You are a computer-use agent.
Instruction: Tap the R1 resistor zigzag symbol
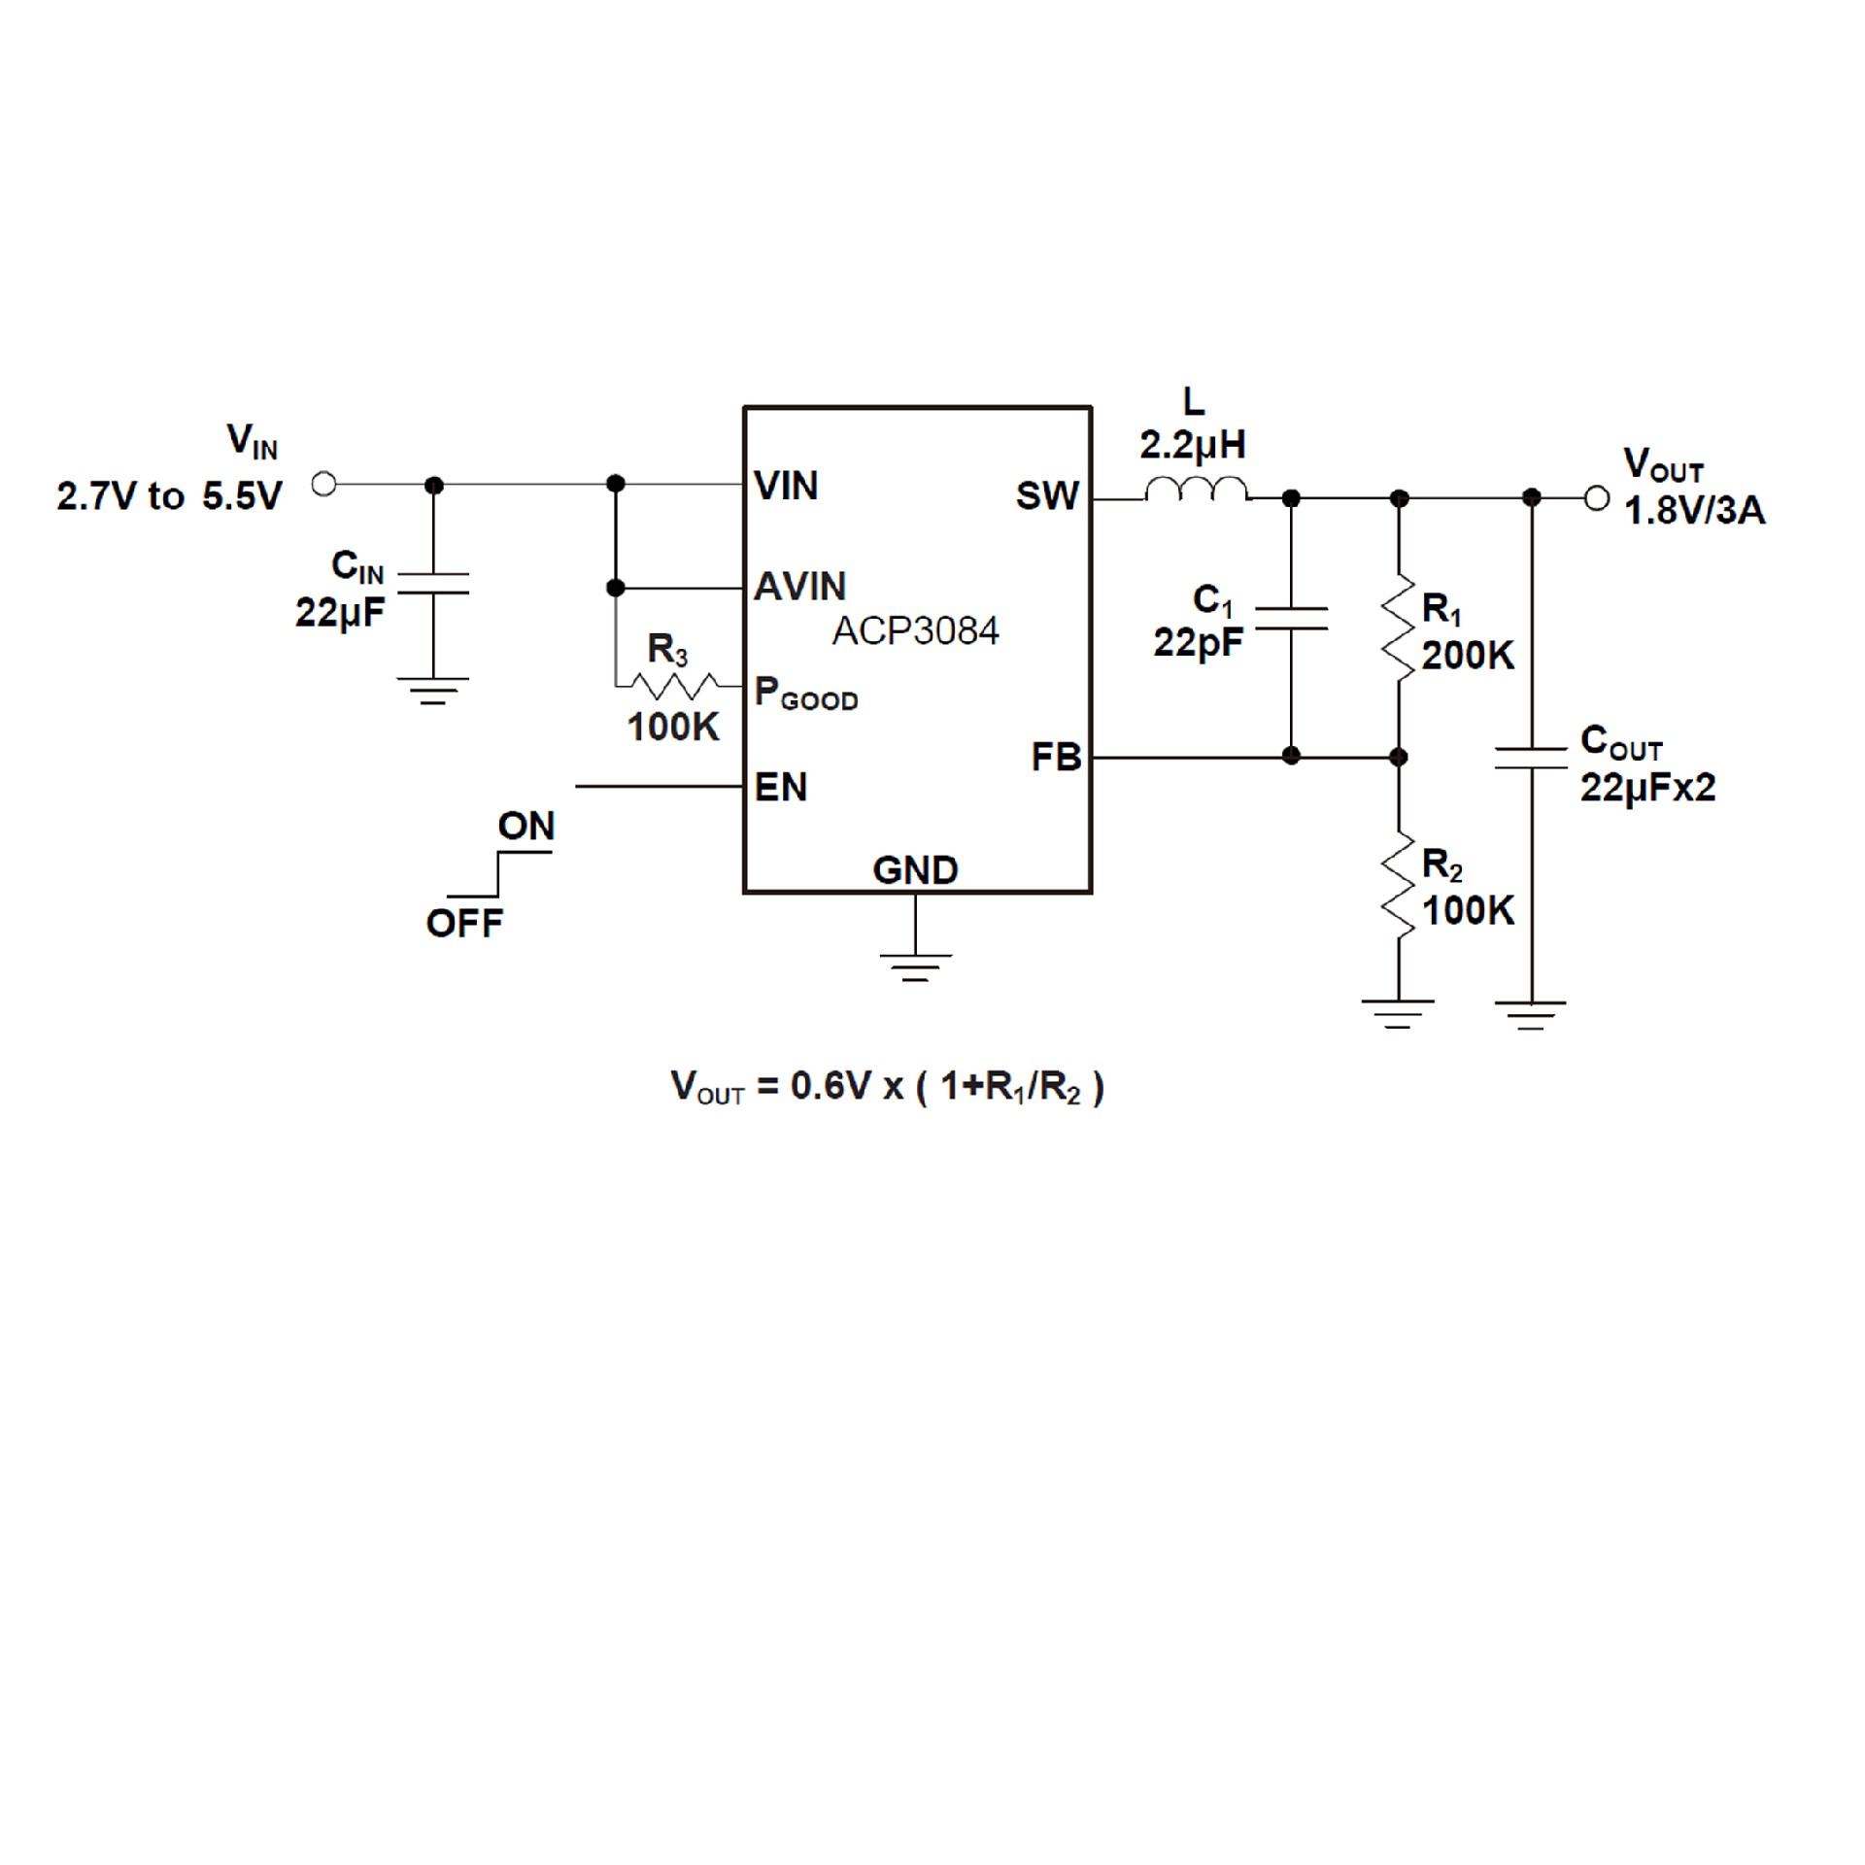(x=1399, y=628)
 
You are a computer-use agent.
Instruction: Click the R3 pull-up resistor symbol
(x=672, y=686)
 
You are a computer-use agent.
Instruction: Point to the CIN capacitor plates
(x=433, y=583)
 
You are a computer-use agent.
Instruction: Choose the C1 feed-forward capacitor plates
(x=1291, y=619)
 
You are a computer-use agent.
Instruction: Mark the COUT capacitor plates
(x=1531, y=758)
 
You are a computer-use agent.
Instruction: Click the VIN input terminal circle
(x=324, y=483)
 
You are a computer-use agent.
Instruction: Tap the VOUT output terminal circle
(x=1596, y=498)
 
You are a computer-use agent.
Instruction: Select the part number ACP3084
(x=915, y=631)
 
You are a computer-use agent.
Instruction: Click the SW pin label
(x=1047, y=496)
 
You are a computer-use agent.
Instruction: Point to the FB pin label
(x=1056, y=758)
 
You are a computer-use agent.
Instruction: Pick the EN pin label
(x=781, y=787)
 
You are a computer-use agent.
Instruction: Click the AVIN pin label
(x=800, y=587)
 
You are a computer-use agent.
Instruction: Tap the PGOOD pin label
(x=806, y=694)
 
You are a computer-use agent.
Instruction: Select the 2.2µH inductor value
(x=1193, y=446)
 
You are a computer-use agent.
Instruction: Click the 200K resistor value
(x=1468, y=656)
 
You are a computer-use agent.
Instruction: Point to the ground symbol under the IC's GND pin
(x=915, y=966)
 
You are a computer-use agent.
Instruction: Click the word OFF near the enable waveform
(x=464, y=923)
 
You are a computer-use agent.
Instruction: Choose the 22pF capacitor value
(x=1198, y=643)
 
